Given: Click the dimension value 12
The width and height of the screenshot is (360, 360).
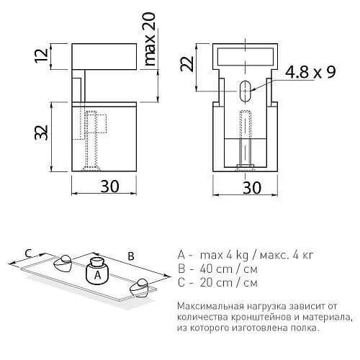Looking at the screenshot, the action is point(41,56).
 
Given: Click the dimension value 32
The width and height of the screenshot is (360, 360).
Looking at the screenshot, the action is point(41,132).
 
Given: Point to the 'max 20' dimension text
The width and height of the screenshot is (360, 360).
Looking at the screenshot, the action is point(150,39).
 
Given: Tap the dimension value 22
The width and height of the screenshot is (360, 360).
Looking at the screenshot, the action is point(186,64).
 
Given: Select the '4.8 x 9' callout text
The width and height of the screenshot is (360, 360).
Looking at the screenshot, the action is point(310,71).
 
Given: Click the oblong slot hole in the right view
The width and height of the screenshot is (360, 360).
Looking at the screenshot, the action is point(245,91).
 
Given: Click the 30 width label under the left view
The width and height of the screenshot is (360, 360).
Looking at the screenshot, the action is point(109,186).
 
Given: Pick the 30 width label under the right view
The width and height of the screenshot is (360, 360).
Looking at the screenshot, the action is point(252,188).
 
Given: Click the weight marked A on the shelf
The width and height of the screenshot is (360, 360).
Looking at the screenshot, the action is point(97,271).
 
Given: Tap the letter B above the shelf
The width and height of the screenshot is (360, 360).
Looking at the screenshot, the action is point(131,256).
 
